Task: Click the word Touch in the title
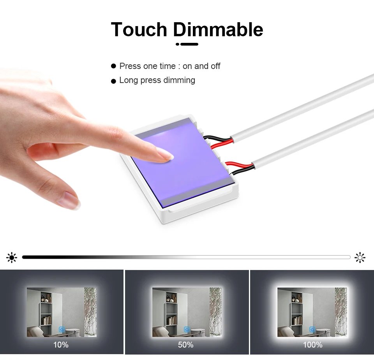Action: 139,30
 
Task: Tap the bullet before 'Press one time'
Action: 114,66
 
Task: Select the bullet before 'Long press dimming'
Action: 114,81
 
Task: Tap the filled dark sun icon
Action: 12,257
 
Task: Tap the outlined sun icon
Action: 360,257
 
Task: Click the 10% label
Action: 61,345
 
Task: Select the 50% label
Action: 186,345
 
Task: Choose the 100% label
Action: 312,345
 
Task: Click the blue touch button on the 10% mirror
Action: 61,330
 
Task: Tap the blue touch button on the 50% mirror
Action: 186,330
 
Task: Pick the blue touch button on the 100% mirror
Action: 312,330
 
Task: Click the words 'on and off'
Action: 201,66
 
